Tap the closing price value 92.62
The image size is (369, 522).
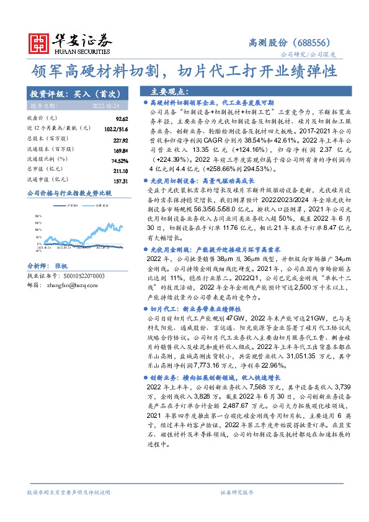pyautogui.click(x=121, y=118)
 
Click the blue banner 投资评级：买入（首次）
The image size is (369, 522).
pyautogui.click(x=73, y=94)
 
